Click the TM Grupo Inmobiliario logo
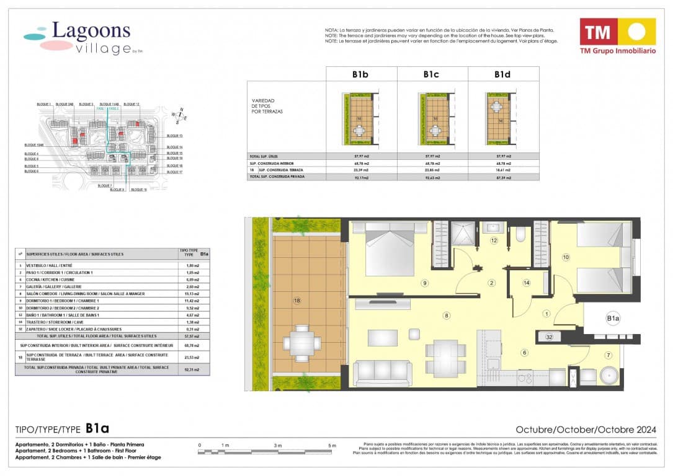click(x=617, y=36)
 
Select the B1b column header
click(x=361, y=74)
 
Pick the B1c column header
click(x=432, y=74)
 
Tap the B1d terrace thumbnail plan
click(x=502, y=117)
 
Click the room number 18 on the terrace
click(x=297, y=301)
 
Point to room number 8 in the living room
click(x=446, y=315)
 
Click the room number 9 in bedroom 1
click(x=425, y=283)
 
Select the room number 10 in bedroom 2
click(x=565, y=257)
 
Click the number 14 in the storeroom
click(x=526, y=283)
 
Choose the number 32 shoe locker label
click(x=549, y=337)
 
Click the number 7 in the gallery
click(x=608, y=355)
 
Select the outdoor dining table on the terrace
click(x=301, y=343)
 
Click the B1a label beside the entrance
click(x=613, y=319)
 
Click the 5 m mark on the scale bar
click(x=332, y=446)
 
